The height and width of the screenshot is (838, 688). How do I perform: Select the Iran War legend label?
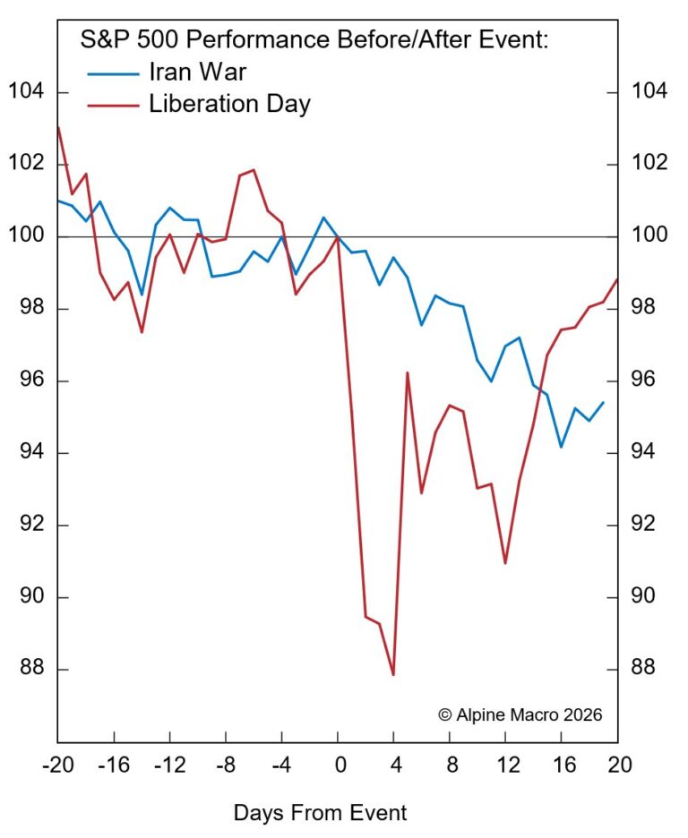pos(198,72)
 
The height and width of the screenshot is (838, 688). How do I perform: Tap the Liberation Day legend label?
pos(229,104)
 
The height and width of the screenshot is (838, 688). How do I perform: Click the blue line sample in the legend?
pos(114,73)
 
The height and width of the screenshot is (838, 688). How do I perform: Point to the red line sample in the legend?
pos(114,105)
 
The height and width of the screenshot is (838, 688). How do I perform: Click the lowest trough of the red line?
pos(393,674)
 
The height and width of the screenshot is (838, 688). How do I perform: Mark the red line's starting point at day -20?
pos(57,127)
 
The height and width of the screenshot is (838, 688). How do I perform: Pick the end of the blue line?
pos(604,402)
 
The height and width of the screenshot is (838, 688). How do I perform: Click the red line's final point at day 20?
pos(617,279)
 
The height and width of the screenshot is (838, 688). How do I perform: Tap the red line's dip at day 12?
pos(505,563)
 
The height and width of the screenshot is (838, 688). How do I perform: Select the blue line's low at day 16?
pos(561,447)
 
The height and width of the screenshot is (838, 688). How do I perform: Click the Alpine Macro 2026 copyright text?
pos(520,714)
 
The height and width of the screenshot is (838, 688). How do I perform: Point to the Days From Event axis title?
pos(320,813)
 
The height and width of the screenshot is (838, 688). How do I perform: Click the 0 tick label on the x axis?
pos(338,765)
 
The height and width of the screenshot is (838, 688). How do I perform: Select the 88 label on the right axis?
pos(649,669)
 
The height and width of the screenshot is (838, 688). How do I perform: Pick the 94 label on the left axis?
pos(29,453)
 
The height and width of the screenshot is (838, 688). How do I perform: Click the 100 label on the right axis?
pos(653,236)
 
